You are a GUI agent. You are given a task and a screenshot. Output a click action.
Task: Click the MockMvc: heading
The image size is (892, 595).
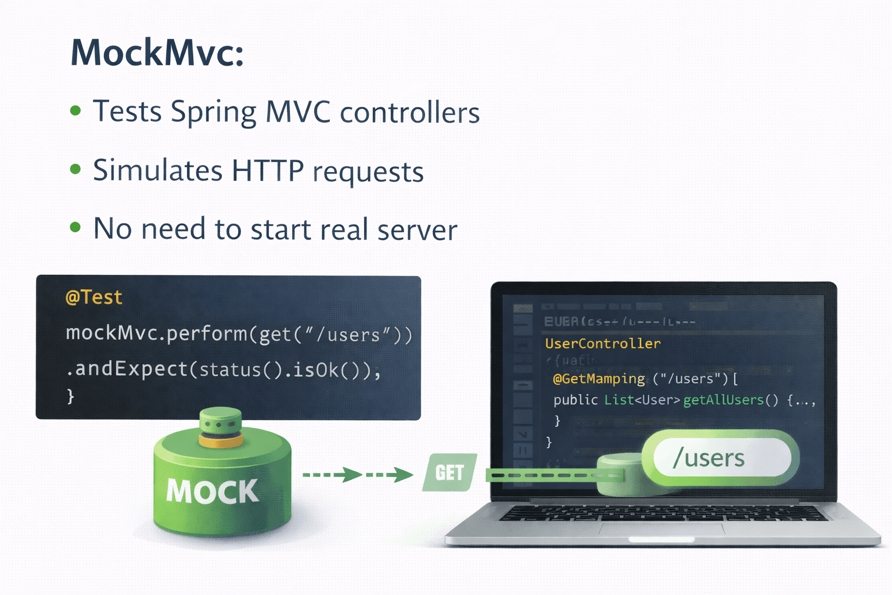[x=157, y=53]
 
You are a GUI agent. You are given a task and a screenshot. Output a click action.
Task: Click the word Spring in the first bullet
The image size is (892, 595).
[x=213, y=112]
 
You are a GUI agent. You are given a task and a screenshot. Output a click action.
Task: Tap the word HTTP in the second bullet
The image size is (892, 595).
[x=267, y=171]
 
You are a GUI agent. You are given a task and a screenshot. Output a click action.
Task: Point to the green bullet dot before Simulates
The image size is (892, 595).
[x=75, y=169]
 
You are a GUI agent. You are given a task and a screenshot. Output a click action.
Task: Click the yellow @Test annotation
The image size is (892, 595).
[x=94, y=297]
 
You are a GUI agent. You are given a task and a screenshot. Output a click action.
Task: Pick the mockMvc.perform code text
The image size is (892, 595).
[x=157, y=334]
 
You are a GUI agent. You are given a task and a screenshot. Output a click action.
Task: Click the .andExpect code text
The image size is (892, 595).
[x=131, y=370]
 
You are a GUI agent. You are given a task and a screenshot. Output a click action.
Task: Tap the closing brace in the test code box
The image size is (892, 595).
[x=71, y=396]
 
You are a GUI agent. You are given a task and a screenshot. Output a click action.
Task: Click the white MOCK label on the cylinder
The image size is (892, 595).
[x=213, y=492]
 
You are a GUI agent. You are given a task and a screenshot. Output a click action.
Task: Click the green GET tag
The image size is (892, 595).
[x=449, y=472]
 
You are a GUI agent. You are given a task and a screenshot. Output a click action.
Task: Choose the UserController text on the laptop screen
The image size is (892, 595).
[x=603, y=343]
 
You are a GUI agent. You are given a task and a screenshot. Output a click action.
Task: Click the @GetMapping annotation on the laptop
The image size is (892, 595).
[x=599, y=379]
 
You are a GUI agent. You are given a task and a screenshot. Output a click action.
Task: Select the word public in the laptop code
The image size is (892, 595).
[x=576, y=400]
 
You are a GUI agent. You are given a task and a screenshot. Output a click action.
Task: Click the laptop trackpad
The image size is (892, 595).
[x=662, y=529]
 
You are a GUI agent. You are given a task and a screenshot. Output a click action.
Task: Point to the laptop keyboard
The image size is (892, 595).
[x=662, y=512]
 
